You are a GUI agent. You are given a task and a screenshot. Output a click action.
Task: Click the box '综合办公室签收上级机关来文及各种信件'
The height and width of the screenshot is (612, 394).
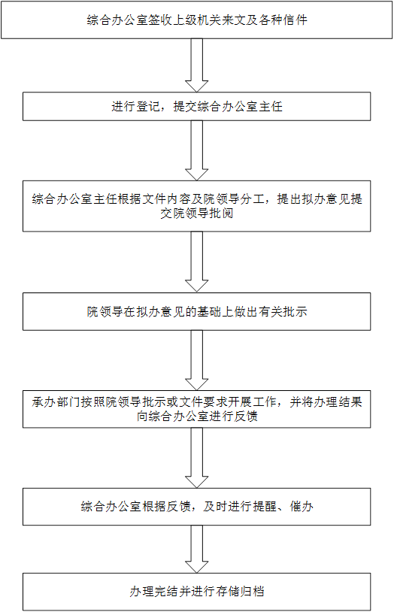196,20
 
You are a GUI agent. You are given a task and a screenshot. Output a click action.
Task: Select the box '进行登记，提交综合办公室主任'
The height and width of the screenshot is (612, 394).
196,106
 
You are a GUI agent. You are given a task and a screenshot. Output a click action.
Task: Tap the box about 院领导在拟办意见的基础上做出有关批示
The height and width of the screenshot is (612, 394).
196,311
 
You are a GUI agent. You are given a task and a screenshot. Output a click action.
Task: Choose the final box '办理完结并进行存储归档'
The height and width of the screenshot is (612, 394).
196,591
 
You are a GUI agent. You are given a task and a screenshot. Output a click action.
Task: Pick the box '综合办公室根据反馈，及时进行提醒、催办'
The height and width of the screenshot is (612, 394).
196,506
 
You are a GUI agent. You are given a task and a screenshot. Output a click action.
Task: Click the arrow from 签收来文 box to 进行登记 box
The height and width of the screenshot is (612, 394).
196,65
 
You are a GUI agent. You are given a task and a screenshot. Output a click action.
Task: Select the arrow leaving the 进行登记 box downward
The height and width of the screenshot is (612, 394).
196,150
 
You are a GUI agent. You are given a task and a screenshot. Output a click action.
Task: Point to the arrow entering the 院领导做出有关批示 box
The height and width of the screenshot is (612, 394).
196,262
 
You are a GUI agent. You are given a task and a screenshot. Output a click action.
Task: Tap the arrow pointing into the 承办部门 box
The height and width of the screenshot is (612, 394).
196,360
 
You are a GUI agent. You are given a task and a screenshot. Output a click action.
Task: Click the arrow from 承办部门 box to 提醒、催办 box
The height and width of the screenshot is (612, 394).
196,458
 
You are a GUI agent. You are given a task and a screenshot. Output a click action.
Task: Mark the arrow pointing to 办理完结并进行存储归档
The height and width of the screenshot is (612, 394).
196,549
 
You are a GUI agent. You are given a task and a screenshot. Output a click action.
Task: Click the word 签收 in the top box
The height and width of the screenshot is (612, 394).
160,20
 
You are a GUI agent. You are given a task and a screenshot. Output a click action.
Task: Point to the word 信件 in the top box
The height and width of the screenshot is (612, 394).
295,20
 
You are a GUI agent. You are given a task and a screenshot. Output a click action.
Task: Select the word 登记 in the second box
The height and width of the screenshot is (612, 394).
147,106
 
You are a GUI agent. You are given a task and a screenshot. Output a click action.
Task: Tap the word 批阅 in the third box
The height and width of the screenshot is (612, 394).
221,214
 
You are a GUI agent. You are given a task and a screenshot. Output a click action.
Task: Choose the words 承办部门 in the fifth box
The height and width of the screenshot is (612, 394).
56,402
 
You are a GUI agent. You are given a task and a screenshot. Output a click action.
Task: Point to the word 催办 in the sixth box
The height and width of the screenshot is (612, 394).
301,506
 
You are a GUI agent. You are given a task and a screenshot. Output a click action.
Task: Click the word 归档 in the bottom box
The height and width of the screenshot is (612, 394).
252,591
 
